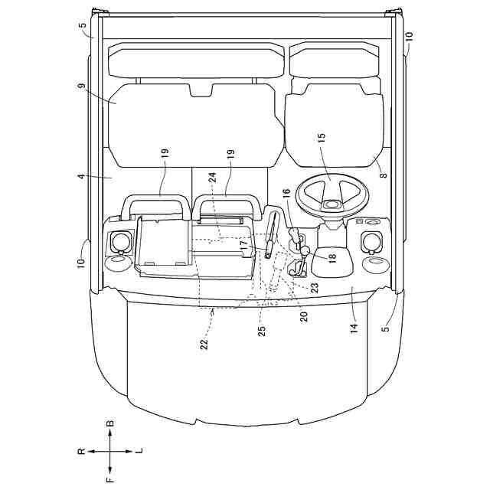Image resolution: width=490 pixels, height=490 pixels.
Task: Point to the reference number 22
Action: (204, 344)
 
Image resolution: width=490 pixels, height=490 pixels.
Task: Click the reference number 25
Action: (262, 331)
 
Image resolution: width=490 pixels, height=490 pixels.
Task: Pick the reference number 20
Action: (304, 316)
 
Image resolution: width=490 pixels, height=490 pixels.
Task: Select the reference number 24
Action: (212, 178)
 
